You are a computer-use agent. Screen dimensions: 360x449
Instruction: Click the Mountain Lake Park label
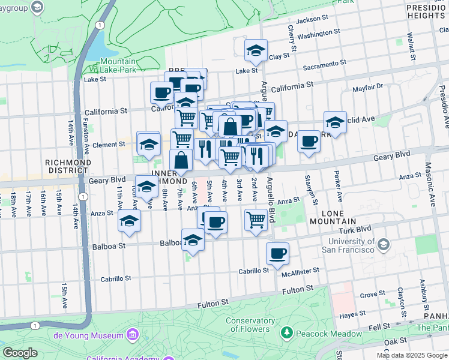(x=118, y=65)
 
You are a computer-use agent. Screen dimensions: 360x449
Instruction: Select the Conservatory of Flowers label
(x=250, y=325)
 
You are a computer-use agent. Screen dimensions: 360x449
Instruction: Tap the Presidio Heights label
(x=426, y=11)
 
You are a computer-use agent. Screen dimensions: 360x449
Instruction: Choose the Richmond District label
(x=68, y=166)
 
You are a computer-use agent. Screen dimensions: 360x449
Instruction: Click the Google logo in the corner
(x=20, y=353)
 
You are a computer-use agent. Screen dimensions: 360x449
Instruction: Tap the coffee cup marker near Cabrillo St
(x=277, y=253)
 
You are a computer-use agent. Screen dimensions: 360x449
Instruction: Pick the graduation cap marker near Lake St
(x=256, y=50)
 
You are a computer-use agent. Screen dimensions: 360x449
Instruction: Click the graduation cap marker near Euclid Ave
(x=335, y=122)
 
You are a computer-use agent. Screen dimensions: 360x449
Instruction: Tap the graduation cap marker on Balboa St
(x=193, y=239)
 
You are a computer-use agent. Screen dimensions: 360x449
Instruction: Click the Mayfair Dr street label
(x=367, y=87)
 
